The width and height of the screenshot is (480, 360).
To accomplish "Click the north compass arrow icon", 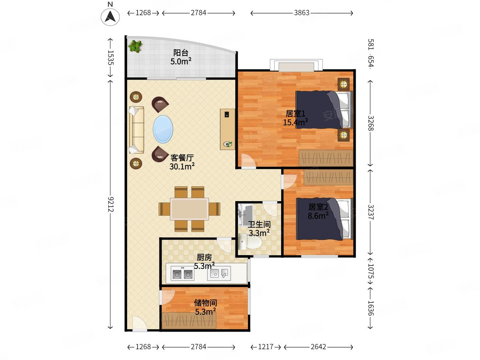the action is (x=110, y=17).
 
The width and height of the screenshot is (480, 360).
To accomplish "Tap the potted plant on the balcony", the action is (x=135, y=46).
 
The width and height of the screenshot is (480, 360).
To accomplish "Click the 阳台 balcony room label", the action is (x=181, y=53).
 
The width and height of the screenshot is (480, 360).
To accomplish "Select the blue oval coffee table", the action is (x=163, y=129).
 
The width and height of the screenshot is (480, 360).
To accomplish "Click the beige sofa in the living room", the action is (x=136, y=130).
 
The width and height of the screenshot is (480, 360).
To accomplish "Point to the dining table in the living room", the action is (x=189, y=209).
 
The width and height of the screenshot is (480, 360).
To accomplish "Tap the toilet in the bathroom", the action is (x=249, y=242).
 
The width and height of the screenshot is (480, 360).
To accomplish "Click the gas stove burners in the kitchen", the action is (x=182, y=274).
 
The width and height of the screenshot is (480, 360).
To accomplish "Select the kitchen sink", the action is (x=219, y=273).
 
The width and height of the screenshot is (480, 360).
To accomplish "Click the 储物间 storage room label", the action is (x=205, y=303).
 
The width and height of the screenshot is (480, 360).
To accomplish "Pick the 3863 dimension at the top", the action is (x=302, y=13).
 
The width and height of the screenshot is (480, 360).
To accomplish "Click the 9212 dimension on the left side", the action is (x=111, y=204).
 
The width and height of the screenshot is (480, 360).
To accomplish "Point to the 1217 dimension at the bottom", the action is (x=266, y=347).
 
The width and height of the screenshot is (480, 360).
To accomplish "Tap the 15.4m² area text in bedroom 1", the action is (x=296, y=122).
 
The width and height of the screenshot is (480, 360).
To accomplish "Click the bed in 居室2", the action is (x=324, y=219).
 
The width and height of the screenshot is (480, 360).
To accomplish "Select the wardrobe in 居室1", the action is (x=326, y=158).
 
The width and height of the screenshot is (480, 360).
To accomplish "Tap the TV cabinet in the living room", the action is (x=228, y=129).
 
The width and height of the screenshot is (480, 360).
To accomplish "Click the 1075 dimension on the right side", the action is (x=371, y=271).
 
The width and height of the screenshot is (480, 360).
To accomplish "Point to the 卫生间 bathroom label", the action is (x=259, y=224).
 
